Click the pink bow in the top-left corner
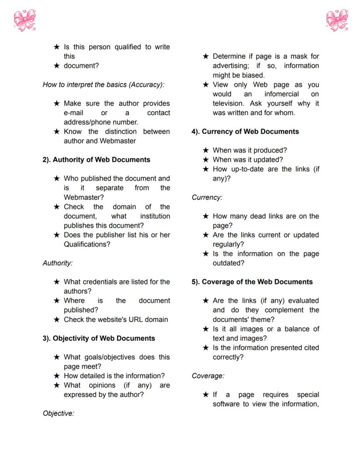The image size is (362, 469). coord(24,20)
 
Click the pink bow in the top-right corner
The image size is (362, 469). coord(337,20)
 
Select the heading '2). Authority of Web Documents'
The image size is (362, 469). coord(96,160)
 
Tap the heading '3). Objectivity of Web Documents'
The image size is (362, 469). coord(98,339)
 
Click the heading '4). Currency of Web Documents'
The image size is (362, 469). coord(245,132)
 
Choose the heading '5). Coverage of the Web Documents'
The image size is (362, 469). coord(252,282)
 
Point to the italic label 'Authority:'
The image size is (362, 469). coord(57,263)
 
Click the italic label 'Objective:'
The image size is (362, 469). coord(58,413)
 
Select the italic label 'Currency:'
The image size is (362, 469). coord(207,197)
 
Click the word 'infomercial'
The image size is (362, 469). coord(282,94)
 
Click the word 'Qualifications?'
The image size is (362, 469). coord(87,244)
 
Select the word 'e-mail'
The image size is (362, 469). coord(73,113)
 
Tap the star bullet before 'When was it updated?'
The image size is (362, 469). coord(205,160)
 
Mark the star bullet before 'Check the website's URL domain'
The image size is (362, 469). coord(56,320)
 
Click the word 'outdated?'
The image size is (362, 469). coord(228,263)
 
